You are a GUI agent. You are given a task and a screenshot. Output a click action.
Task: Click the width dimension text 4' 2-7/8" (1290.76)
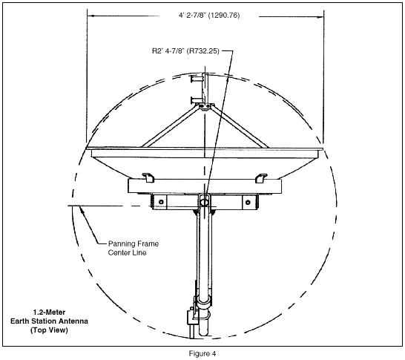coord(209,16)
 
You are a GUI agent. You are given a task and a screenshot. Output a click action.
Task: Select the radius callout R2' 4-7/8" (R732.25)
coord(185,51)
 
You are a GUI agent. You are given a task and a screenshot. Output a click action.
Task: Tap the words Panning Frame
coord(134,243)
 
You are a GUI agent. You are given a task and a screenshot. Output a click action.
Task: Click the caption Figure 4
coord(202,353)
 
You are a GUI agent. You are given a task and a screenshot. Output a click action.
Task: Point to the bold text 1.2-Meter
coord(49,312)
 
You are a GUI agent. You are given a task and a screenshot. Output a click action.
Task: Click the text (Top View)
coord(49,330)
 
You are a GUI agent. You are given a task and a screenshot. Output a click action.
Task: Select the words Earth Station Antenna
coord(49,321)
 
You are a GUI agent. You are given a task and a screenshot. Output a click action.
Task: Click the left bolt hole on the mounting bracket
coord(161,202)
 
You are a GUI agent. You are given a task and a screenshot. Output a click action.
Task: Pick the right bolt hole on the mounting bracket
coord(248,202)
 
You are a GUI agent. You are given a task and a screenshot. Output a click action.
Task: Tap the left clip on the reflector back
coord(148,177)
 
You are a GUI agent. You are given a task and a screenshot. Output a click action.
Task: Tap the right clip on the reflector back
coord(261,178)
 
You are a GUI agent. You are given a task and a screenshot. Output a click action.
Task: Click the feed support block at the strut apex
coord(205,106)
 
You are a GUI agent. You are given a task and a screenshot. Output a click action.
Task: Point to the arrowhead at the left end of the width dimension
coord(90,16)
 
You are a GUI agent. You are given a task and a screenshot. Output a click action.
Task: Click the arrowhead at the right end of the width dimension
coord(320,17)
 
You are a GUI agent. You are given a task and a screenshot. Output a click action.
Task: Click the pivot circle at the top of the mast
coord(204,201)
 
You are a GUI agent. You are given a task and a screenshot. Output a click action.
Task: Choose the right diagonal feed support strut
coord(240,127)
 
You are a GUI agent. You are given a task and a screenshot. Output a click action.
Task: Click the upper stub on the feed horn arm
coord(197,79)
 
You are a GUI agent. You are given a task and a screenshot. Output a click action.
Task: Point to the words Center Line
coord(127,252)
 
